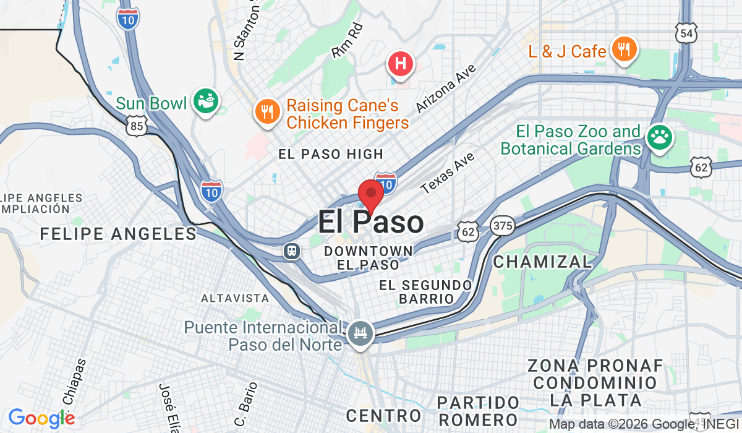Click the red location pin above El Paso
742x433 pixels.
point(371,193)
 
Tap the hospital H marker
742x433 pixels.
point(400,63)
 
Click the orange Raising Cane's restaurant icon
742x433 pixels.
point(267,111)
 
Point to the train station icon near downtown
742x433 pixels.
point(291,251)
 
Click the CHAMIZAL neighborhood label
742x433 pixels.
point(542,262)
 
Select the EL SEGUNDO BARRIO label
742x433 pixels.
point(425,291)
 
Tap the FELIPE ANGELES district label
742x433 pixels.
point(118,233)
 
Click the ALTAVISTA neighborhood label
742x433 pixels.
point(235,298)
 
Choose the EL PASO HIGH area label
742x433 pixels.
point(331,154)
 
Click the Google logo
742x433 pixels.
point(41,419)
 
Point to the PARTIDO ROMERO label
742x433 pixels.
point(478,411)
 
